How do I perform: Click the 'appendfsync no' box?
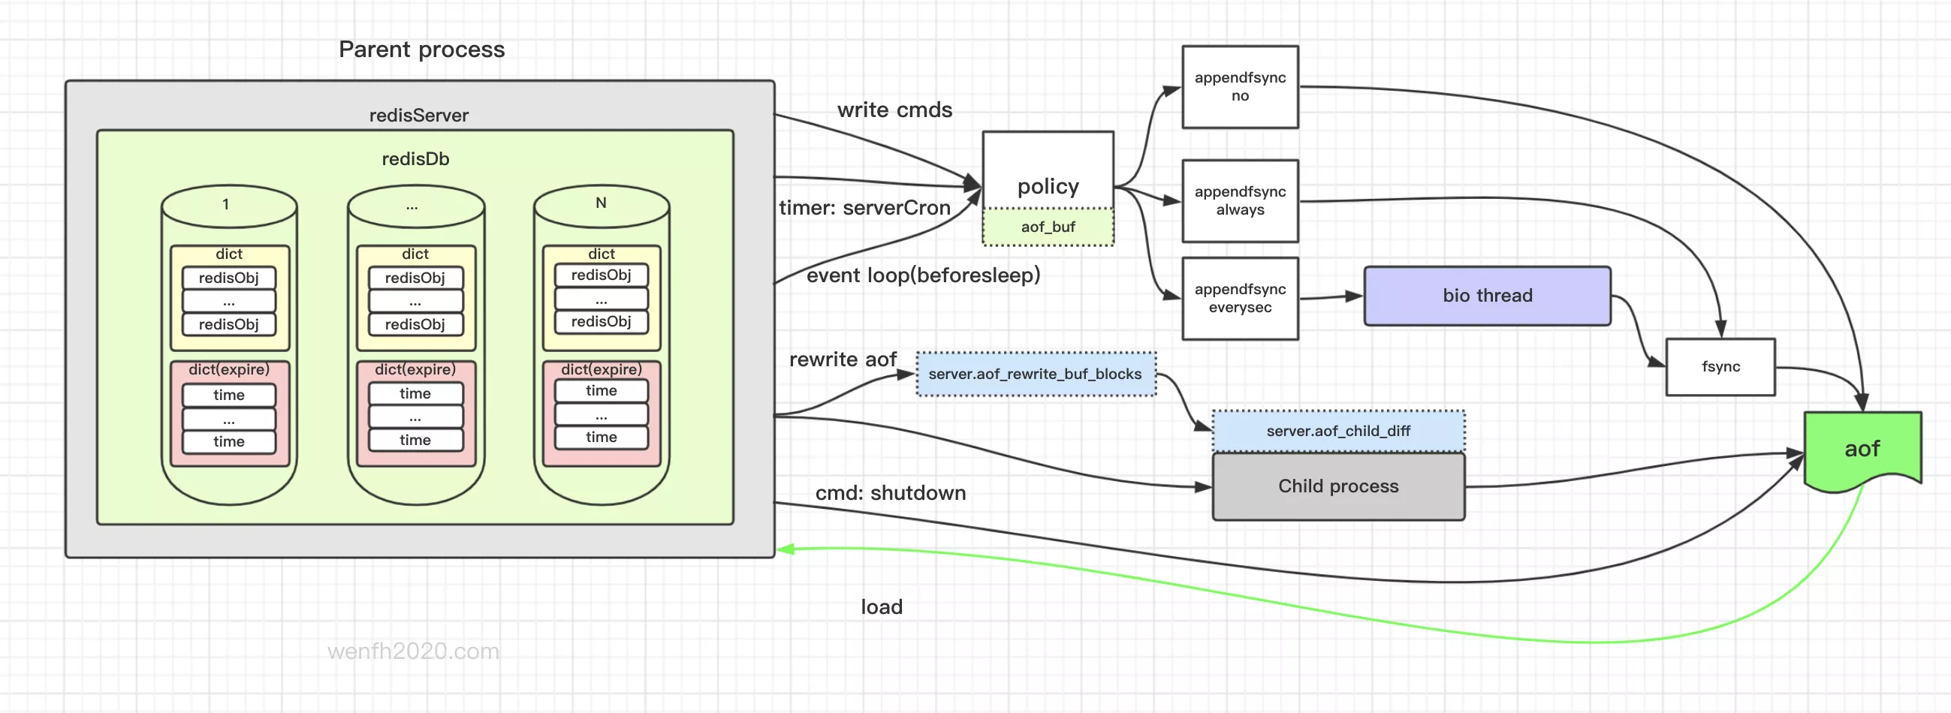[1240, 86]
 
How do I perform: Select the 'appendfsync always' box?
[1240, 200]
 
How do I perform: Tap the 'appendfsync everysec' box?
[1240, 298]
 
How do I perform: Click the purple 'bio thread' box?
[1487, 295]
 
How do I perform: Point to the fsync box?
[1720, 366]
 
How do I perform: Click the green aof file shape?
[1862, 449]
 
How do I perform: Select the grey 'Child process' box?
[1337, 486]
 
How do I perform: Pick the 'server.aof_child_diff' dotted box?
[1337, 431]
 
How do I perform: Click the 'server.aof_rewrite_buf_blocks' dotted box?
[1035, 374]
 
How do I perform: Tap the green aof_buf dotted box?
[1048, 227]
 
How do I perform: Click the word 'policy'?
[1048, 186]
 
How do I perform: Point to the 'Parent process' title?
[421, 50]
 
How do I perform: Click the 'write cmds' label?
[894, 110]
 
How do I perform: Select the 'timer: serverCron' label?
[864, 207]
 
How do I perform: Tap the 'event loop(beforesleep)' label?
[922, 275]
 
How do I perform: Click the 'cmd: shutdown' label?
[890, 493]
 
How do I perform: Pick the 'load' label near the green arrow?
[882, 606]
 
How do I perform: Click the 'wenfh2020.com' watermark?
[413, 651]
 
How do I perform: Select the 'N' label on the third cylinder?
[601, 203]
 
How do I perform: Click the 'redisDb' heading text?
[415, 159]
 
